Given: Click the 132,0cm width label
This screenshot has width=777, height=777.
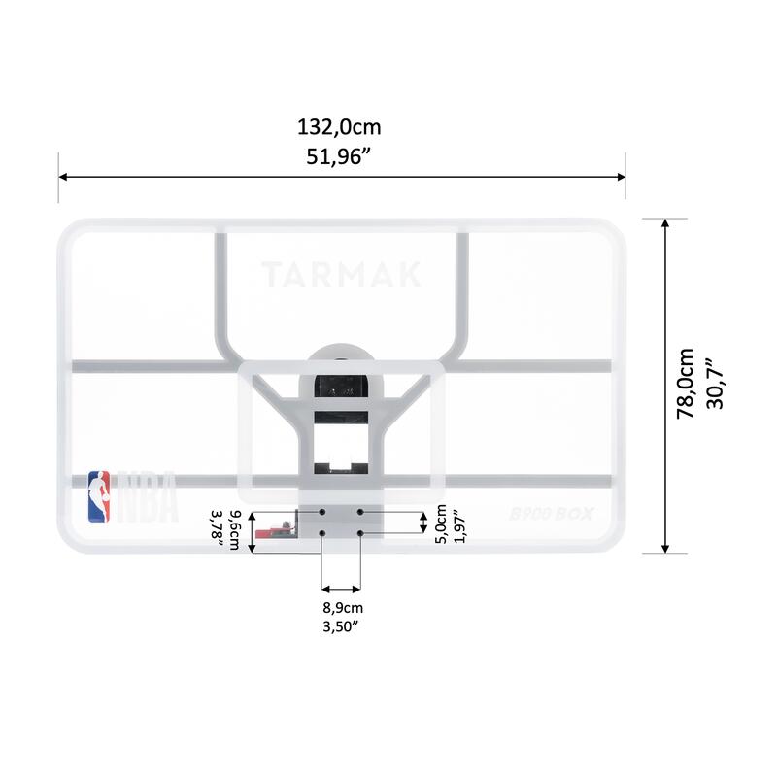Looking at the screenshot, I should [x=340, y=127].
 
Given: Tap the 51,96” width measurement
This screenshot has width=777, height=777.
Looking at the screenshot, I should [x=340, y=157].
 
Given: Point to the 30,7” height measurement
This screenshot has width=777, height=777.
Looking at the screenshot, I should [x=717, y=384].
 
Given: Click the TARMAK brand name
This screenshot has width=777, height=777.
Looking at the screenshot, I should [x=341, y=275].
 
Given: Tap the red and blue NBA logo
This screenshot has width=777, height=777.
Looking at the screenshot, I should [x=99, y=496].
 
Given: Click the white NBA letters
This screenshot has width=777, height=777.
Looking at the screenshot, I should [x=147, y=496].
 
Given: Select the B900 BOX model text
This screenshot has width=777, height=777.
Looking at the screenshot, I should [x=551, y=515].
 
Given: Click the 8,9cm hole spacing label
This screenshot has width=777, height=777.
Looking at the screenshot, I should [x=341, y=608].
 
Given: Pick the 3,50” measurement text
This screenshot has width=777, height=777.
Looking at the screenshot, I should [x=341, y=626].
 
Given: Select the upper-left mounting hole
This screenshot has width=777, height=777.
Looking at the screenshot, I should [x=322, y=510].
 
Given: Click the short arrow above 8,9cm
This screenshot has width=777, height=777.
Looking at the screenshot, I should [x=341, y=588].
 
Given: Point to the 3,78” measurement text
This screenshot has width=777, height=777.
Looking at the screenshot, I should [x=218, y=529].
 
